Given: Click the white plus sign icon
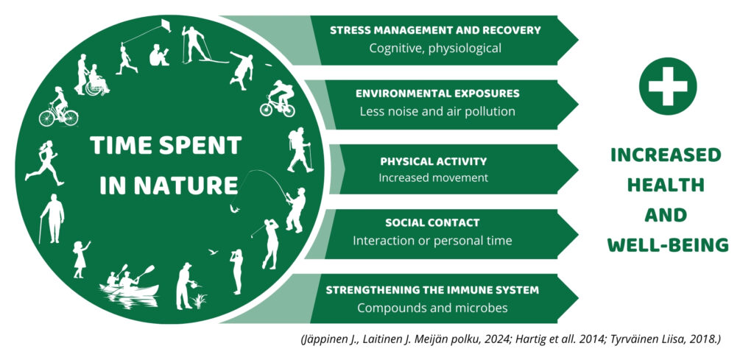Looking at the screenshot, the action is click(x=667, y=86).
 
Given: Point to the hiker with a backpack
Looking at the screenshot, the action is click(x=300, y=149).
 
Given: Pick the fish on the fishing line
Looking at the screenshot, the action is click(x=234, y=208).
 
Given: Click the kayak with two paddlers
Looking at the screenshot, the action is click(x=129, y=284).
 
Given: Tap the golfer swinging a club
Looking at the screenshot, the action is click(x=269, y=244).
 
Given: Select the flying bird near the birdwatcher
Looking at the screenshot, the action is click(x=213, y=251).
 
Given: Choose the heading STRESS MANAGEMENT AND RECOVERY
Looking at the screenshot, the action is click(x=435, y=30).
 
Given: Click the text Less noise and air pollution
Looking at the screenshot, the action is click(x=437, y=111).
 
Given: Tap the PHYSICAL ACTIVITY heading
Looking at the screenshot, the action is click(x=433, y=161).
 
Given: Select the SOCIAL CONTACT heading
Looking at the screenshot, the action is click(x=432, y=223).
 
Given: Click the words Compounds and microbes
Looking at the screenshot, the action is click(x=432, y=307).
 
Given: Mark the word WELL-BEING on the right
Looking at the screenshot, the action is click(x=667, y=244).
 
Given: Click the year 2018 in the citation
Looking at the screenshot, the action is click(x=704, y=339).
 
